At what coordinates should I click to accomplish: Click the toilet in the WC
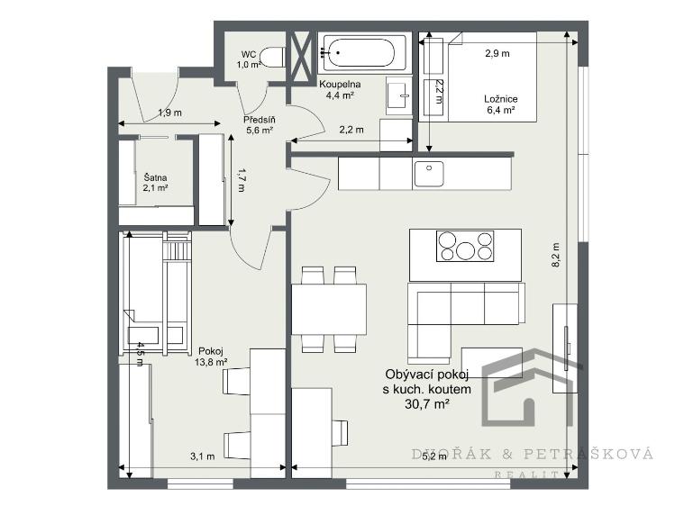tap(273, 58)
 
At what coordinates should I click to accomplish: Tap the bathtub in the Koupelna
tap(362, 53)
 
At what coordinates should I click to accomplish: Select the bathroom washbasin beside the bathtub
tap(398, 95)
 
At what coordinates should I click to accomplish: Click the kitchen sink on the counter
tap(428, 173)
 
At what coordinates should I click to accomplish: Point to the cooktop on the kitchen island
tap(465, 247)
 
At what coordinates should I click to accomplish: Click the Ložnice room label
tap(501, 99)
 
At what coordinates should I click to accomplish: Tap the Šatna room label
tap(155, 177)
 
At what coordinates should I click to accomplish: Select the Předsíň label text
tap(260, 120)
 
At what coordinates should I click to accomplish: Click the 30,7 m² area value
tap(427, 403)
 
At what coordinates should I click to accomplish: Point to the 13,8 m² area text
tap(211, 362)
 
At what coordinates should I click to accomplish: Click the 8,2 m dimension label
tap(555, 256)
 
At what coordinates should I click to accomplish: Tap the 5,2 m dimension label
tap(434, 456)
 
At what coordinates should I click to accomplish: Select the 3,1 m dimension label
tap(203, 456)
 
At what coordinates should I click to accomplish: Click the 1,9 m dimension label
tap(170, 113)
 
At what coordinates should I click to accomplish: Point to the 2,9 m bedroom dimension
tap(497, 53)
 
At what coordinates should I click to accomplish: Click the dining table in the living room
tap(329, 309)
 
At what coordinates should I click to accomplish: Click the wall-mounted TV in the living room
tap(566, 348)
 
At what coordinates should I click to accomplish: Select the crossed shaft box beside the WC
tap(301, 57)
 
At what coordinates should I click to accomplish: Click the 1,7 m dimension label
tap(241, 180)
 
